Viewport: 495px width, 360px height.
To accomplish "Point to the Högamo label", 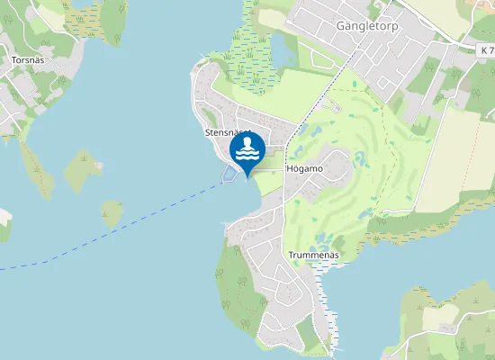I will [x=303, y=168].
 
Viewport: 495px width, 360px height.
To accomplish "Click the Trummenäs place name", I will [x=313, y=255].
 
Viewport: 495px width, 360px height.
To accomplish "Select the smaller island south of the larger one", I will [x=112, y=213].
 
